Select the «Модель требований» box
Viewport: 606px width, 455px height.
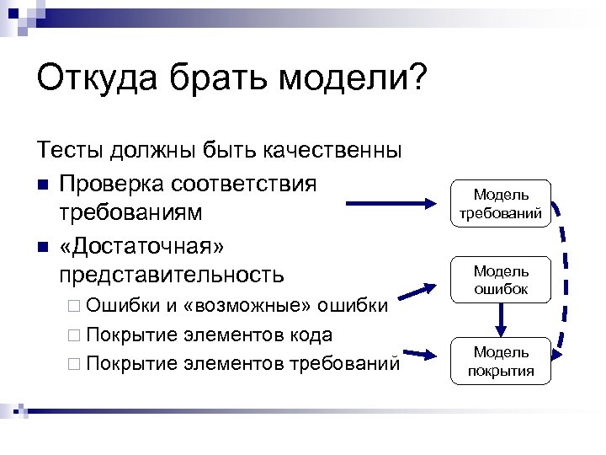(502, 205)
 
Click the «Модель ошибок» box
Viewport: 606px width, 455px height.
(502, 280)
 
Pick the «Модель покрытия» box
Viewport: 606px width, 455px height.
(502, 361)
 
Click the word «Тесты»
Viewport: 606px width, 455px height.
(72, 152)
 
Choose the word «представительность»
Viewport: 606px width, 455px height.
(172, 275)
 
